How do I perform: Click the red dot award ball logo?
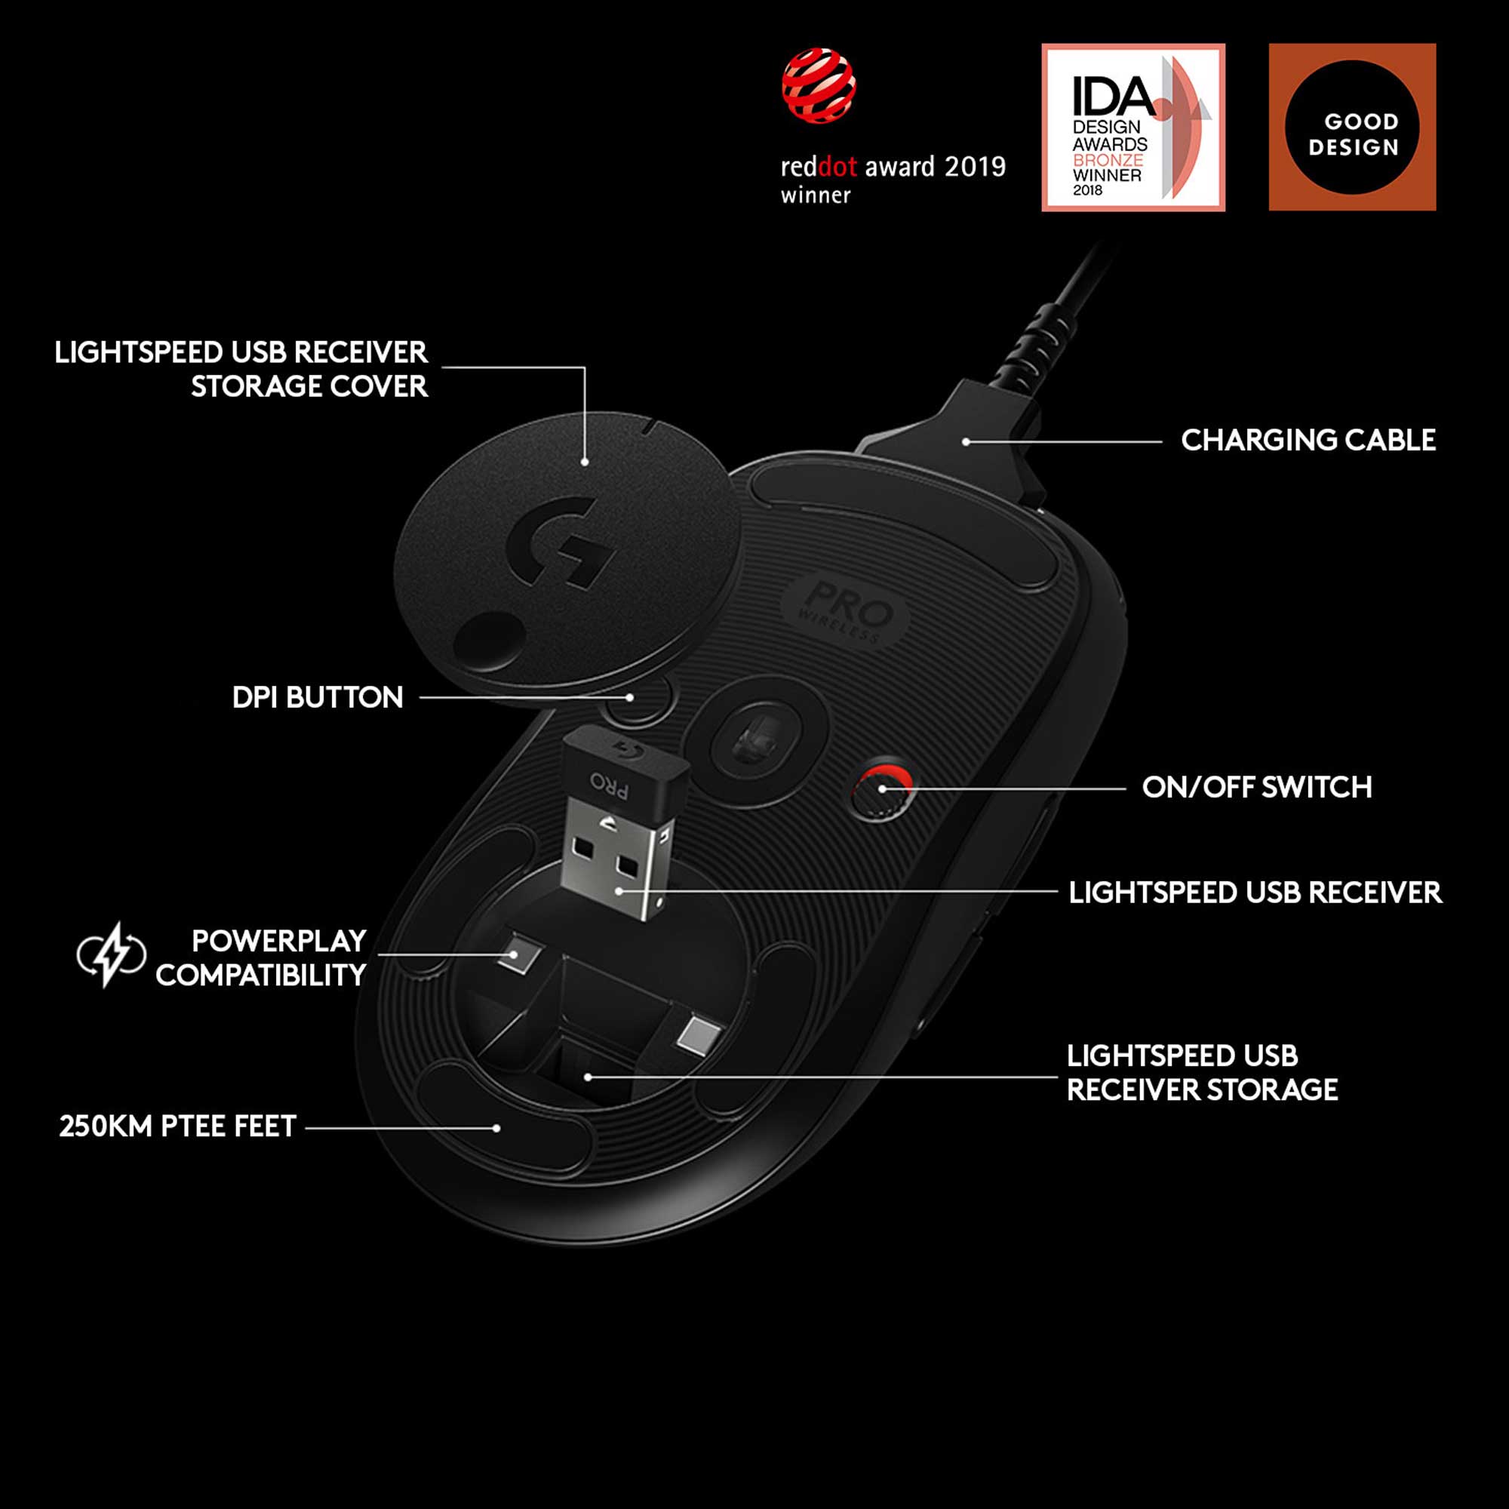click(819, 86)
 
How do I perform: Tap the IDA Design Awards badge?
click(1133, 128)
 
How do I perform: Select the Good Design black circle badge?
click(1352, 128)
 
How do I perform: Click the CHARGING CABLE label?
click(1308, 440)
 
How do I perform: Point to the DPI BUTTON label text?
click(318, 697)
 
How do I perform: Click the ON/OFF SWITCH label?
click(1257, 787)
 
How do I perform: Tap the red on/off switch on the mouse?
click(881, 789)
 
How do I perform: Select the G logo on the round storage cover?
click(559, 540)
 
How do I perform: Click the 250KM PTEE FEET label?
click(178, 1126)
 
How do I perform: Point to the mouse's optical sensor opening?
click(755, 739)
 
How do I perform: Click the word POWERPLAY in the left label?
click(279, 940)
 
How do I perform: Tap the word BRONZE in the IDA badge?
click(1108, 159)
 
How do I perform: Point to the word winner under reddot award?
click(816, 195)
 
